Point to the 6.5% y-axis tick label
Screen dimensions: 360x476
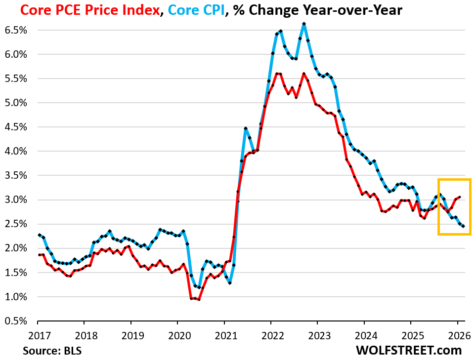click(16, 30)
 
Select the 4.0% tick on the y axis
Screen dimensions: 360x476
click(16, 151)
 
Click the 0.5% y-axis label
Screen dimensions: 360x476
click(16, 321)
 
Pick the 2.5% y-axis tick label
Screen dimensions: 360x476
click(16, 224)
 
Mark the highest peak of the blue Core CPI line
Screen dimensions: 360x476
click(304, 24)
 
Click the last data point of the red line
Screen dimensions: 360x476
click(460, 197)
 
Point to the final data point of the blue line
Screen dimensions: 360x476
click(463, 226)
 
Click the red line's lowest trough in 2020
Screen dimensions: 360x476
click(199, 299)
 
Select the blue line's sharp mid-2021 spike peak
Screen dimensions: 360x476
click(246, 128)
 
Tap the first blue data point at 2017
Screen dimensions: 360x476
click(39, 235)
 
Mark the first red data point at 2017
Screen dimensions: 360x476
click(39, 255)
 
